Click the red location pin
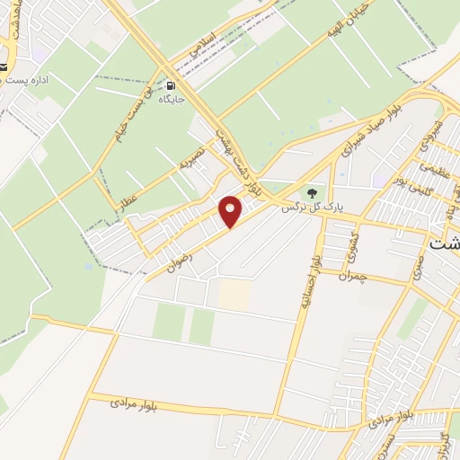[x=232, y=210]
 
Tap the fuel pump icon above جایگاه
[x=169, y=86]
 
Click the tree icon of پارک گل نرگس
[x=313, y=191]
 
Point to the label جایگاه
[x=172, y=101]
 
